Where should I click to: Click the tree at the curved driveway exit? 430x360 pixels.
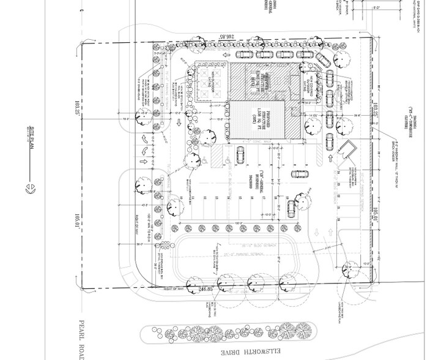point(351,268)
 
